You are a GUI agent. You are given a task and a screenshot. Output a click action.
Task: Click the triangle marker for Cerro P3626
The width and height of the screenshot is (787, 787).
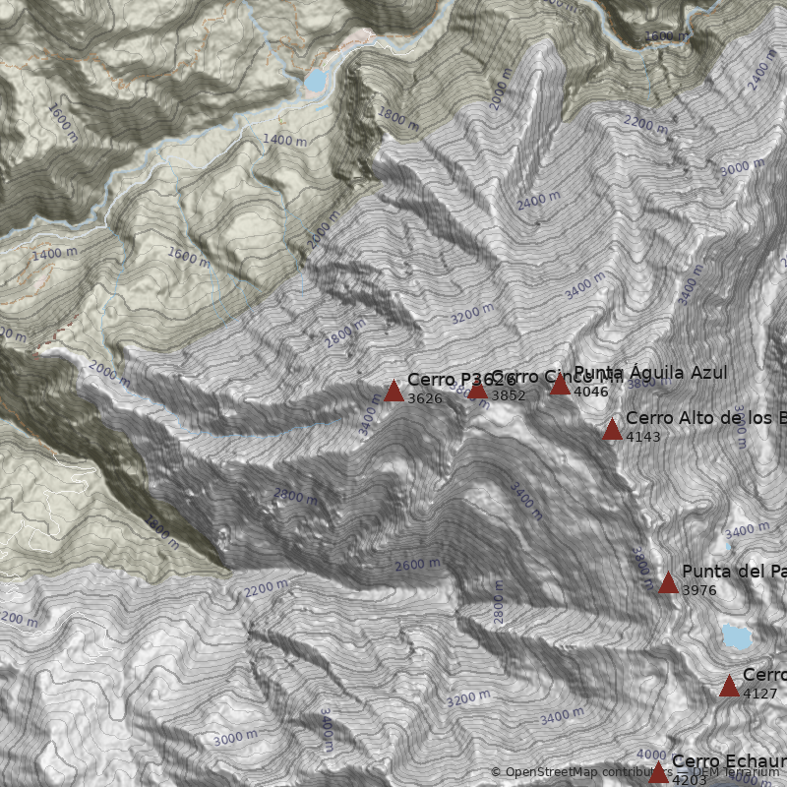click(393, 391)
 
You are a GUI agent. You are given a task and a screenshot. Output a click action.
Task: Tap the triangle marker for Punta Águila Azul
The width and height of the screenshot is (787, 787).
click(560, 384)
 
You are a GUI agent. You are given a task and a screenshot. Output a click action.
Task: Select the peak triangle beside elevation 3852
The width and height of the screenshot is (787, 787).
click(477, 389)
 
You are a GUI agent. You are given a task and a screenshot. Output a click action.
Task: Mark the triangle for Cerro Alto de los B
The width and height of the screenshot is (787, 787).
click(612, 429)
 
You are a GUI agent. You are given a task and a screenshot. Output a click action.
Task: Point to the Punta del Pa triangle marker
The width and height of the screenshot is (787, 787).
click(668, 582)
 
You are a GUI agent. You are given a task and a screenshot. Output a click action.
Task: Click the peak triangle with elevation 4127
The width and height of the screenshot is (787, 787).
click(729, 686)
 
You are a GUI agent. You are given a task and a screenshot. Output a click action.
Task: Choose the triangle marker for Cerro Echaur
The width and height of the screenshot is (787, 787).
click(658, 772)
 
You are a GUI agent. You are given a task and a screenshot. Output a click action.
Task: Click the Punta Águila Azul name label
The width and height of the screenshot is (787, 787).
click(650, 373)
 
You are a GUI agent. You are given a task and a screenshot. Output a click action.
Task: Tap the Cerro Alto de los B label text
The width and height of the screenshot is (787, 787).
click(705, 418)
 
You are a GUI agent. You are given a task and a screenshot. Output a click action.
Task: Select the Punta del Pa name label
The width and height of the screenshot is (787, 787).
click(733, 572)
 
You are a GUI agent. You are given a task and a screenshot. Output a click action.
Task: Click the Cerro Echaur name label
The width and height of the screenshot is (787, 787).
click(728, 761)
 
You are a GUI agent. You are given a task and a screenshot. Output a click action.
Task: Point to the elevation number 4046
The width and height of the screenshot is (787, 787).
click(590, 392)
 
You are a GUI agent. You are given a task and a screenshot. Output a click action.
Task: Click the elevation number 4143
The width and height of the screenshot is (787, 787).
click(642, 437)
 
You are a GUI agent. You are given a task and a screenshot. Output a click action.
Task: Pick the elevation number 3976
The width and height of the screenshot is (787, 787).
click(698, 590)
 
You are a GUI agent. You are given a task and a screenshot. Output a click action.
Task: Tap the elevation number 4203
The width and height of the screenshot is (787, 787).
click(689, 780)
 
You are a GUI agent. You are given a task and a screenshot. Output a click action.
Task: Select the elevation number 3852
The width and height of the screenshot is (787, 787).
click(508, 395)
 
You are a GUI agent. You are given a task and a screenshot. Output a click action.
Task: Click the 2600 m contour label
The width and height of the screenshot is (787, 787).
click(417, 565)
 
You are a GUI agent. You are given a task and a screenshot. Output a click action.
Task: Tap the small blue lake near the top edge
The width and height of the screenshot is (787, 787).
click(316, 80)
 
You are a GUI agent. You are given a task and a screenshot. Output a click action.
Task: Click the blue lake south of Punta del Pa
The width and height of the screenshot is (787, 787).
click(735, 636)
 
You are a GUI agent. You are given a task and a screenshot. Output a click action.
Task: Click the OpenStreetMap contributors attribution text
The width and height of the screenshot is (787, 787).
click(580, 772)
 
